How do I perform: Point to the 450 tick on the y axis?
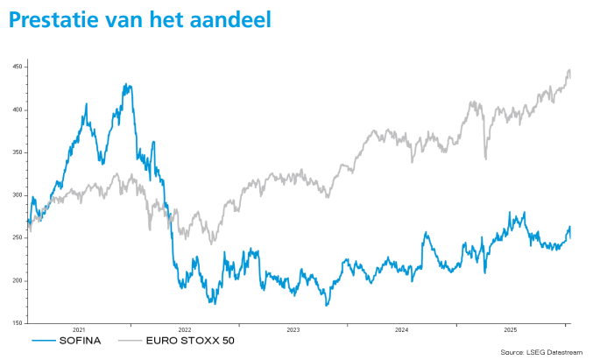(x=18, y=67)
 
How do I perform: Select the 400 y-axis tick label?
(x=18, y=110)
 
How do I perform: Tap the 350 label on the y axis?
(x=18, y=152)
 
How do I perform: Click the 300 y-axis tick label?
(x=18, y=195)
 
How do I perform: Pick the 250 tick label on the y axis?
(x=18, y=238)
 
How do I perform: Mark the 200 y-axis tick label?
(x=18, y=280)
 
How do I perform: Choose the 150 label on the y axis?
(x=18, y=323)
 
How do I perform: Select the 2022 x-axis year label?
(x=185, y=330)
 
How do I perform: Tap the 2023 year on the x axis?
(x=293, y=330)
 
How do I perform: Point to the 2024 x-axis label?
(x=401, y=330)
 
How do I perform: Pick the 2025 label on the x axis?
(x=510, y=330)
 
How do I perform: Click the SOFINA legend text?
(x=81, y=340)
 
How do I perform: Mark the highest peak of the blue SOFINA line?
(x=128, y=85)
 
